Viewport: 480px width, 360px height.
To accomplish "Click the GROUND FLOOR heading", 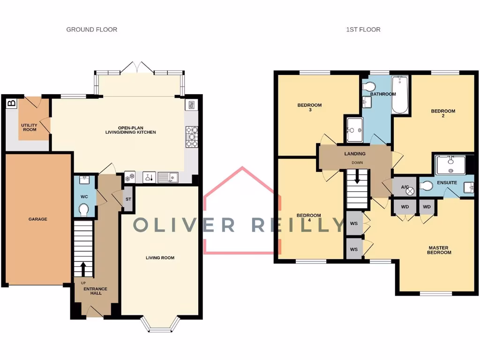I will (x=91, y=30).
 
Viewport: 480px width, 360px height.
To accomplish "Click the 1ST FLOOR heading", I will (x=363, y=30).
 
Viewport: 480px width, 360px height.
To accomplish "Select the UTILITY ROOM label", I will (x=29, y=127).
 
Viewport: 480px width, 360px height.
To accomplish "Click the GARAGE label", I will (x=37, y=219).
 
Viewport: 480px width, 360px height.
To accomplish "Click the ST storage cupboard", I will (x=128, y=199).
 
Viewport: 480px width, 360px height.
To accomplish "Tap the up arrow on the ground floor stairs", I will (x=83, y=269).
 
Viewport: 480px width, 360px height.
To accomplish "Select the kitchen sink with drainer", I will (x=167, y=177).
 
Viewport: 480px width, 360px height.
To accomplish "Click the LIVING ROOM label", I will (x=160, y=258).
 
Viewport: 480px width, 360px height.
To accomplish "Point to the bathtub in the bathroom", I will (x=400, y=95).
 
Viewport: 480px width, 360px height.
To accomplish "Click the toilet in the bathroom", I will (x=369, y=87).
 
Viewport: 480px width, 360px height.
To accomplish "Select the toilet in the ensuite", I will (x=426, y=186).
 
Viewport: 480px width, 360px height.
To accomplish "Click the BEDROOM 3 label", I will (x=309, y=107).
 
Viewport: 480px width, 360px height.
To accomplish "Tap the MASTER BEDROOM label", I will (x=439, y=250).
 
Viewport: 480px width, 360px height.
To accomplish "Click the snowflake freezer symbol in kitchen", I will (x=130, y=177).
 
